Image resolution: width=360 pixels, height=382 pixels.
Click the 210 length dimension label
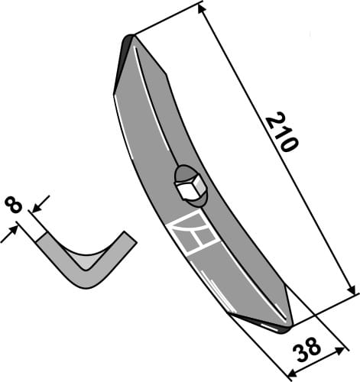[280, 131]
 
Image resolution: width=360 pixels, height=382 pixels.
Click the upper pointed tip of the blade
[131, 38]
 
